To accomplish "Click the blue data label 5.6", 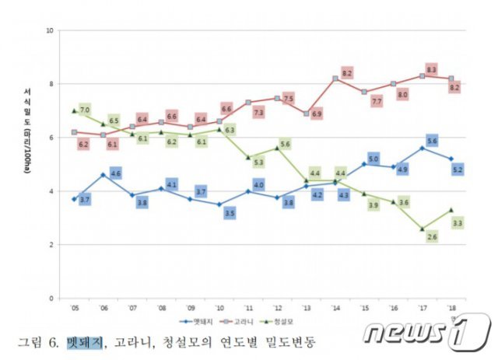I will click(432, 141).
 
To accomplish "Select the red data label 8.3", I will click(431, 69).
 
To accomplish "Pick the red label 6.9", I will click(317, 114).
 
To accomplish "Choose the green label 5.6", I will click(284, 145).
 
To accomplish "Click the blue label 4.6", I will click(115, 173).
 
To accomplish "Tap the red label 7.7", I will click(376, 102).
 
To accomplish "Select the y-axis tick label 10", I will click(50, 30).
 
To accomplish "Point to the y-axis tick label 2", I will click(51, 244).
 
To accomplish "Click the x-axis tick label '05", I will click(74, 307).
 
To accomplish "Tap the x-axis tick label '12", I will click(276, 307).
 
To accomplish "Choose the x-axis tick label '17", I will click(422, 307).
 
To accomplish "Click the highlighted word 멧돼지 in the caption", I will click(84, 341).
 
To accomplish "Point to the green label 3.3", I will click(458, 223).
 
